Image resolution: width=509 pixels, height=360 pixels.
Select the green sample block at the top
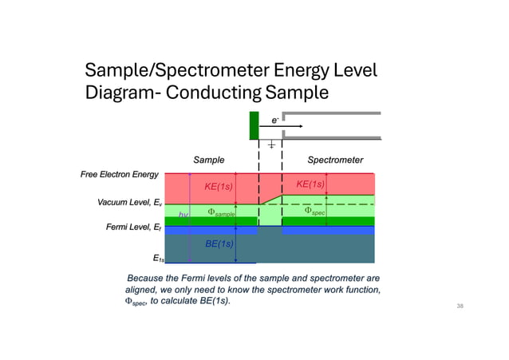tap(254, 126)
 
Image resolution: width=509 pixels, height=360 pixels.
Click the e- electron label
tap(274, 120)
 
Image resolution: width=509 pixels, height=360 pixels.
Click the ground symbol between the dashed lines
tap(271, 145)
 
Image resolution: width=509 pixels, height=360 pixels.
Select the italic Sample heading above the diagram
tap(209, 160)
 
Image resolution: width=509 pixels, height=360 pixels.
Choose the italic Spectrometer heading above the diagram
tap(335, 160)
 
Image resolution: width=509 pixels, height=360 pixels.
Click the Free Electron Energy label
tap(119, 174)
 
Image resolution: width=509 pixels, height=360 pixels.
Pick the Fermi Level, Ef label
tap(134, 228)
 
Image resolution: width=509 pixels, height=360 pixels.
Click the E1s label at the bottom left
tap(158, 258)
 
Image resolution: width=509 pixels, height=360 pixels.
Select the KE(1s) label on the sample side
tap(219, 187)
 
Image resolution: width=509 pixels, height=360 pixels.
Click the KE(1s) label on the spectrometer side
tap(310, 184)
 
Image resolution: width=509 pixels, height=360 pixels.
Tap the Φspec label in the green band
tap(314, 212)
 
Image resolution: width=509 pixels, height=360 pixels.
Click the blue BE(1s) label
tap(219, 243)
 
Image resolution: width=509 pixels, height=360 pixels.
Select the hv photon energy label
tap(183, 215)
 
